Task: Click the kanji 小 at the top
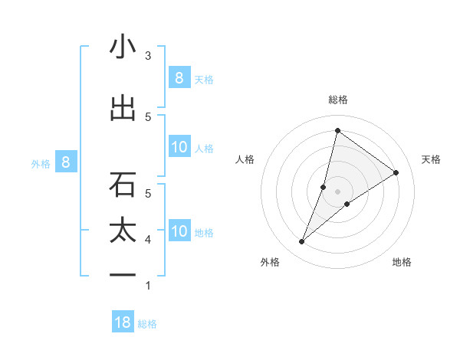(123, 47)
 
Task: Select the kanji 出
(123, 108)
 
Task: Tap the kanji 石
(123, 184)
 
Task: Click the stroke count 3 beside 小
(148, 55)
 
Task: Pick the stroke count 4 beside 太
(148, 240)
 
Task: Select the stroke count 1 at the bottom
(148, 286)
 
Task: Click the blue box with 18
(123, 322)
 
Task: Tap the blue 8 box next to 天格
(179, 78)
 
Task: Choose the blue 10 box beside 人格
(179, 147)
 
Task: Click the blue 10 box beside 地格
(179, 231)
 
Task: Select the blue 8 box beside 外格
(66, 162)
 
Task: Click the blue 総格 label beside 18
(147, 324)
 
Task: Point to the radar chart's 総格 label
(337, 100)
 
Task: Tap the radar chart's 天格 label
(431, 159)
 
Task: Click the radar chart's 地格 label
(402, 262)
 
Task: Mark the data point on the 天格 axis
(396, 172)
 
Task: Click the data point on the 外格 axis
(302, 242)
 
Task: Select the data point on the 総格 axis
(337, 130)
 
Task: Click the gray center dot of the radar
(337, 191)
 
